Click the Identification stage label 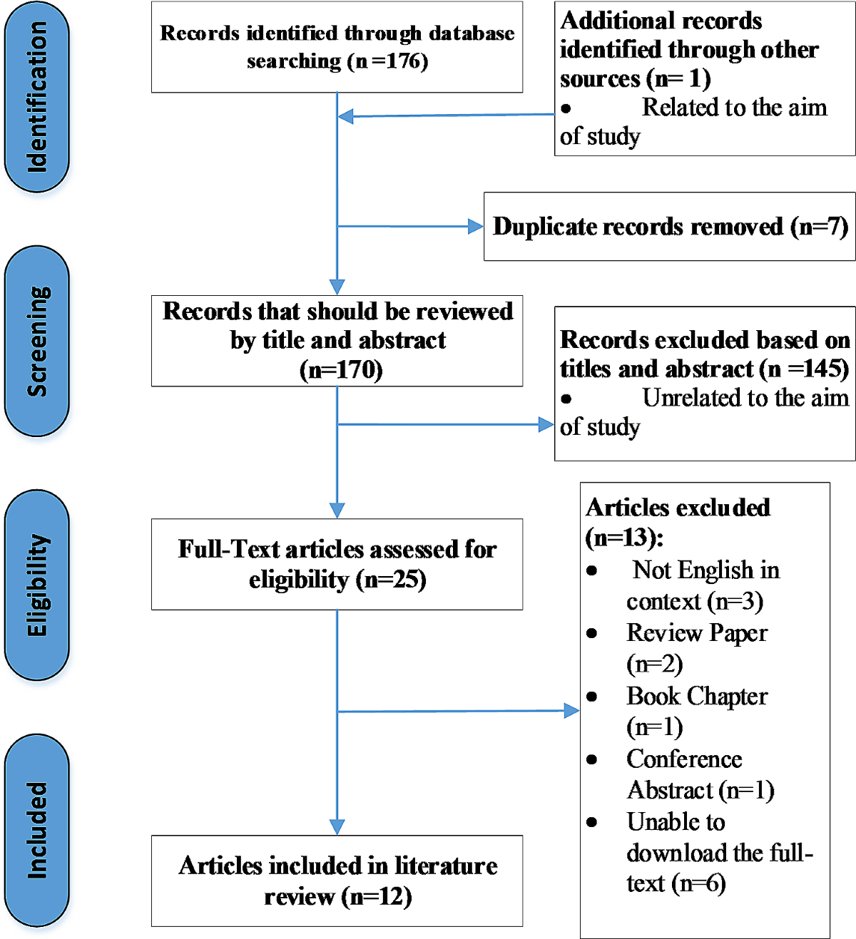(x=37, y=96)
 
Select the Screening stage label (x=37, y=342)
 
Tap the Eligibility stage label (x=37, y=585)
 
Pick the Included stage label (x=37, y=830)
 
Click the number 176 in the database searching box (x=400, y=61)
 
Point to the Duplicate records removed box (x=670, y=227)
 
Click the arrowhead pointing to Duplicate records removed (x=476, y=227)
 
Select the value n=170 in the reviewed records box (x=341, y=370)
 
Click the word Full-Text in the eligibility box (x=229, y=549)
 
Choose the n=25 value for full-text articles (x=390, y=580)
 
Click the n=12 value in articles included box (x=376, y=897)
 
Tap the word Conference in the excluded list (x=684, y=759)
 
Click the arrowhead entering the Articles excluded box (x=572, y=711)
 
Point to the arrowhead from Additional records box (x=345, y=116)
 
